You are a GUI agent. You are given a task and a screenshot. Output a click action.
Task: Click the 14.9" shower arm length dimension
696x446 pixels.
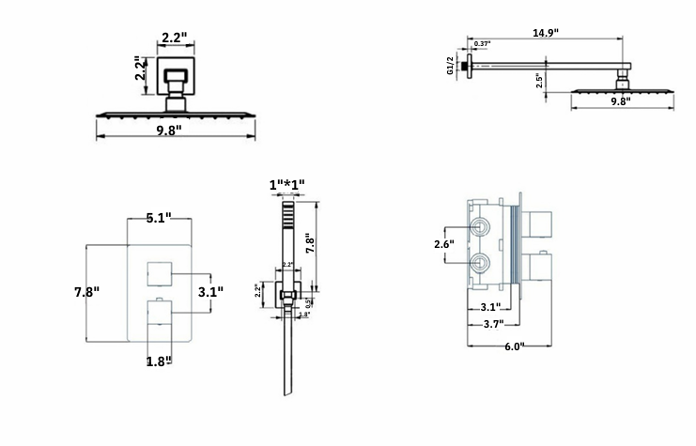coord(545,32)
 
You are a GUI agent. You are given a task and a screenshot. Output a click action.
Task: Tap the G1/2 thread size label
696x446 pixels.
coord(451,65)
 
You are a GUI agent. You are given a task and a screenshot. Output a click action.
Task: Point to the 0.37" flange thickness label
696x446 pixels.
coord(482,44)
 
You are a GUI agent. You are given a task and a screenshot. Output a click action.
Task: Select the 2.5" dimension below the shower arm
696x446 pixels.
coord(539,80)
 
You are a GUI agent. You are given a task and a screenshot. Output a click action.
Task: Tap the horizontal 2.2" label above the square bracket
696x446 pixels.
coord(174,38)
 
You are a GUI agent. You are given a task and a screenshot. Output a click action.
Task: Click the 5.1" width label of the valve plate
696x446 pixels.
coord(158,218)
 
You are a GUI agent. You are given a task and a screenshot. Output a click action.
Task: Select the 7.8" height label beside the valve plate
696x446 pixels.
coord(86,292)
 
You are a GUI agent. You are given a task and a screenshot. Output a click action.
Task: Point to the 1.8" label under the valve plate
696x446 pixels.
coord(158,361)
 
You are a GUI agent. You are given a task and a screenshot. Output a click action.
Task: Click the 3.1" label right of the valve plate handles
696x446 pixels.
coord(210,292)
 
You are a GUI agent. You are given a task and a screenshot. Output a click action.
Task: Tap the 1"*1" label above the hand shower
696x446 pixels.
coord(286,184)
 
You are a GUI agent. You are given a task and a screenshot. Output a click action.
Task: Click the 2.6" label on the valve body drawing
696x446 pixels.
coord(444,244)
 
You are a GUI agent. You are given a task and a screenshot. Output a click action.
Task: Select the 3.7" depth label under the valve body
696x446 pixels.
coord(487,324)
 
